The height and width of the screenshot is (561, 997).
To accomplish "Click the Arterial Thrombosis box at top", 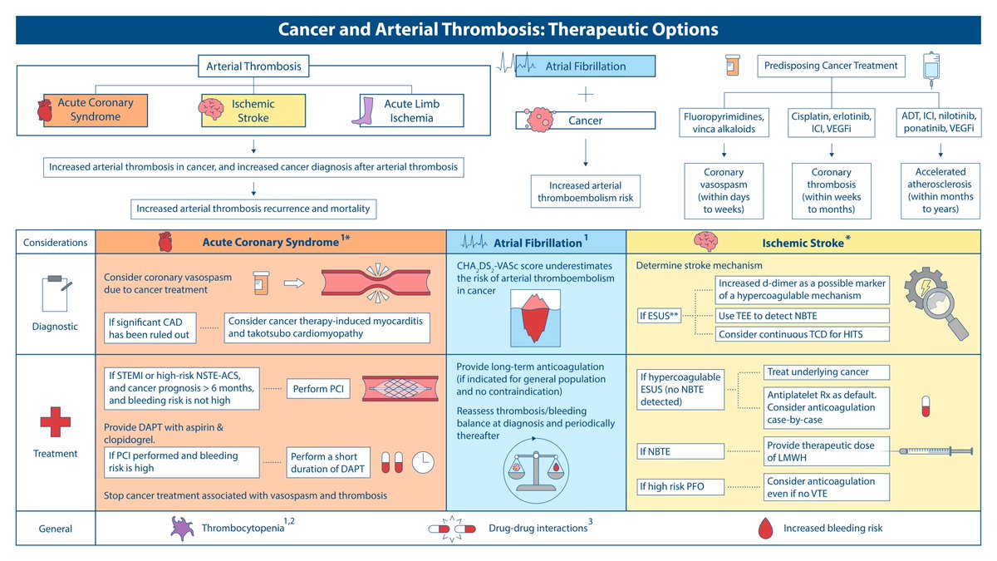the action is click(253, 66).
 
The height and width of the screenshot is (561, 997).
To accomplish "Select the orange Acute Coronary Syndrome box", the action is click(96, 111).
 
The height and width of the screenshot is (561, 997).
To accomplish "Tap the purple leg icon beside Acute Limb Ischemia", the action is click(364, 111).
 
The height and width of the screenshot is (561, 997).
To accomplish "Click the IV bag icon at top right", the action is click(931, 70).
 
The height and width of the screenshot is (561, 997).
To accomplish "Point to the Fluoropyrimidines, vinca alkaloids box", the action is click(724, 122).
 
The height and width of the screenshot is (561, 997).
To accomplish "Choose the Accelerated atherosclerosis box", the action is click(940, 190).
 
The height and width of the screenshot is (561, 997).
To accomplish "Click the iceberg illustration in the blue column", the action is click(535, 317).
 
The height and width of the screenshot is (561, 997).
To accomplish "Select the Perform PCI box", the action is click(318, 389).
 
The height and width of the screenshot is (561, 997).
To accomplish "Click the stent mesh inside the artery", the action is click(400, 389).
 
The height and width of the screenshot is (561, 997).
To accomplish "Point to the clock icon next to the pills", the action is click(423, 462).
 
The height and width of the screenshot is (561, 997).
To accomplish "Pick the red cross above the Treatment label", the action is click(55, 421).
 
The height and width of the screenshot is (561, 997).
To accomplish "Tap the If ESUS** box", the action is click(659, 316).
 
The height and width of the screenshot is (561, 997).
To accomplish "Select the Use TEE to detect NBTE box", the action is click(802, 316).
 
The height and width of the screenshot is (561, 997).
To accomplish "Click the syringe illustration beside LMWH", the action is click(936, 451).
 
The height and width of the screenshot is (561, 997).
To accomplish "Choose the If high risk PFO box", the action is click(680, 486).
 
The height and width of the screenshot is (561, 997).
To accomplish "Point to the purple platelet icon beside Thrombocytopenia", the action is click(182, 528).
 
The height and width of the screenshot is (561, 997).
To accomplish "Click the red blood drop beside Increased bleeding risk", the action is click(765, 528).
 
